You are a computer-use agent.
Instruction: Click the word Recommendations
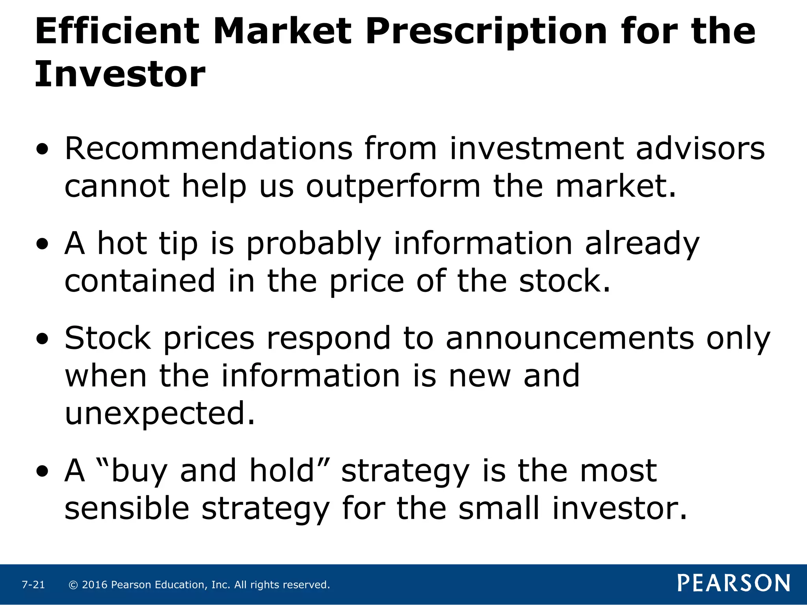click(x=208, y=148)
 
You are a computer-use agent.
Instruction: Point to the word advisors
click(x=700, y=148)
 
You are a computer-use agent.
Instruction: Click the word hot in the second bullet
click(x=122, y=243)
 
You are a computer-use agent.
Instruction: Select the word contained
click(x=140, y=281)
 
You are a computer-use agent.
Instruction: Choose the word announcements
click(x=570, y=338)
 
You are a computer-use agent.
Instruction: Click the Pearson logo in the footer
click(x=734, y=583)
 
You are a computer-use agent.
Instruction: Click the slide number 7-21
click(x=33, y=585)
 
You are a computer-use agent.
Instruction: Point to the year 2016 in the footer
click(x=95, y=585)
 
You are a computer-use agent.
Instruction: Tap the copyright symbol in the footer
click(x=73, y=585)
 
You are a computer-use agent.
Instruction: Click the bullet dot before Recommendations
click(x=42, y=149)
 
